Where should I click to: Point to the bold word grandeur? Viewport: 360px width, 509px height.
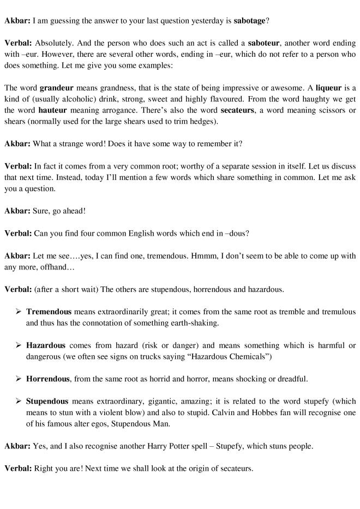pyautogui.click(x=57, y=88)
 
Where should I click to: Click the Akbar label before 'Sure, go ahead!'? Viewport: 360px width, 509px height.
pyautogui.click(x=17, y=211)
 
